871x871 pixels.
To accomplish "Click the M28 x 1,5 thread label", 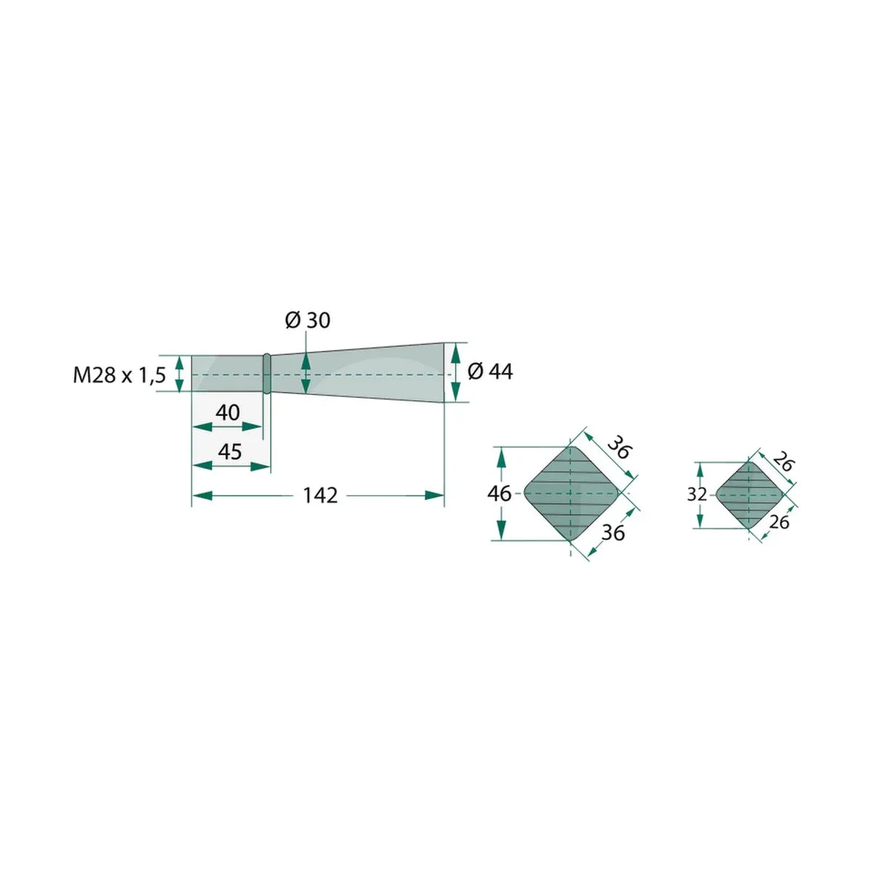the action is [x=119, y=375].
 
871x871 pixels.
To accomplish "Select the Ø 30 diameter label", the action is [x=307, y=321].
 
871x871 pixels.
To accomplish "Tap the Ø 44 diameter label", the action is [x=491, y=372].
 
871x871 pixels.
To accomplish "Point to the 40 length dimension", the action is [x=228, y=413].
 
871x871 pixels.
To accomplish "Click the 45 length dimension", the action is [x=229, y=451].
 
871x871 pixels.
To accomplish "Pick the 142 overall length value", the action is [x=320, y=496].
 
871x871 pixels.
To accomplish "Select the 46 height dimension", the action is [x=499, y=494].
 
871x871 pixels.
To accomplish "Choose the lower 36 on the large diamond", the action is [x=613, y=533].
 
